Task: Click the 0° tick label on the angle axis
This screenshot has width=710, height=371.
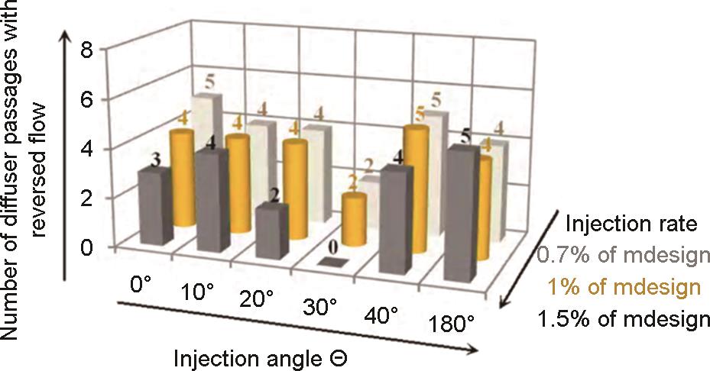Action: (x=141, y=282)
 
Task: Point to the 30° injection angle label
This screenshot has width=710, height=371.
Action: (x=318, y=308)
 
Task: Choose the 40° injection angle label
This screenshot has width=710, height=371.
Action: (x=384, y=317)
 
